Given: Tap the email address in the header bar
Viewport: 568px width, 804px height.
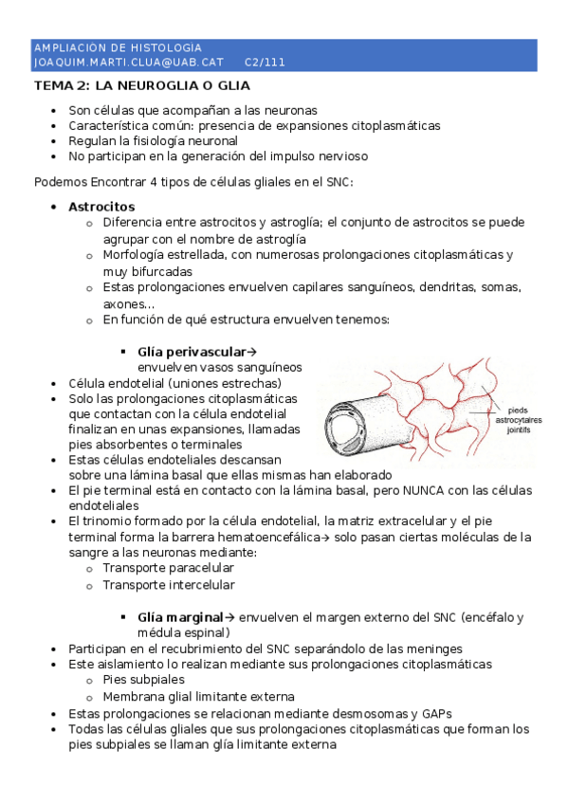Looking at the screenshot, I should [x=128, y=63].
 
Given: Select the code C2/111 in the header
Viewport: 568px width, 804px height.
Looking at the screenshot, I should [x=265, y=63].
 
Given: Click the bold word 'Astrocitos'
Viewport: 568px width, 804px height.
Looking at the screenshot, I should [x=101, y=207].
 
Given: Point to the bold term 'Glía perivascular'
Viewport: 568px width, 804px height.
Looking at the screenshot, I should [x=191, y=351].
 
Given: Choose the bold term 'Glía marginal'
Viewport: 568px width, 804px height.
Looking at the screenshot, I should [x=180, y=617].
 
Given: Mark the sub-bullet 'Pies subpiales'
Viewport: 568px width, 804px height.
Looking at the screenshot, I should [x=143, y=680].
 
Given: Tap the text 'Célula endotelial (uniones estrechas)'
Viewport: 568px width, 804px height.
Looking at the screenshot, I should [x=178, y=383].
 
